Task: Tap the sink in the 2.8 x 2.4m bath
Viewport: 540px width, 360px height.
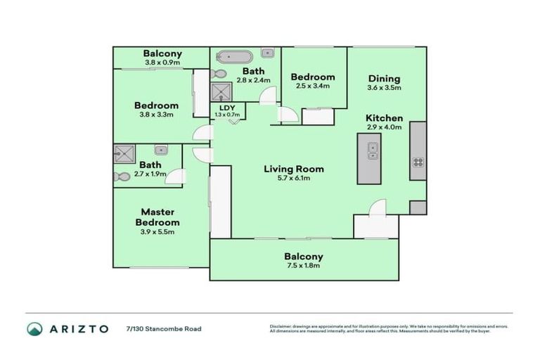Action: click(267, 53)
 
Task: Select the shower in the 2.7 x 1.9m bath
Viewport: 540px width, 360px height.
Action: click(128, 153)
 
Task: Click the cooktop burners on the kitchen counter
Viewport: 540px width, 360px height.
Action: click(418, 162)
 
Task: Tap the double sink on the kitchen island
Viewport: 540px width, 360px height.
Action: click(372, 149)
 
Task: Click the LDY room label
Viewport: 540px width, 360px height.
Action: click(228, 108)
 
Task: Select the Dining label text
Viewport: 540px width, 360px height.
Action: click(384, 79)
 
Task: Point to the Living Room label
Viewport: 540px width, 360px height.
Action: click(294, 169)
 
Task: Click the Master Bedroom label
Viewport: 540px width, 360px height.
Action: click(157, 217)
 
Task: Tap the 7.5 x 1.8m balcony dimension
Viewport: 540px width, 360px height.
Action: click(304, 266)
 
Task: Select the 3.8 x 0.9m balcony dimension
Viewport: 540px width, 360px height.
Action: click(162, 63)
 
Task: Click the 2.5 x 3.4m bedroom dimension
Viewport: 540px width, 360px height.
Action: click(314, 86)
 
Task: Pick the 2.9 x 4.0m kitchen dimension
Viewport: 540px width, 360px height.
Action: click(384, 127)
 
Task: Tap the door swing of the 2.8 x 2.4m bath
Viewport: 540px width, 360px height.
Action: click(268, 98)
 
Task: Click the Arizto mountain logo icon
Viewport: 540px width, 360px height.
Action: click(34, 328)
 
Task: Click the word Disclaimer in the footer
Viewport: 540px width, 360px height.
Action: click(281, 326)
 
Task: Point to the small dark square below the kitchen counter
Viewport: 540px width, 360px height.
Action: click(418, 207)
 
